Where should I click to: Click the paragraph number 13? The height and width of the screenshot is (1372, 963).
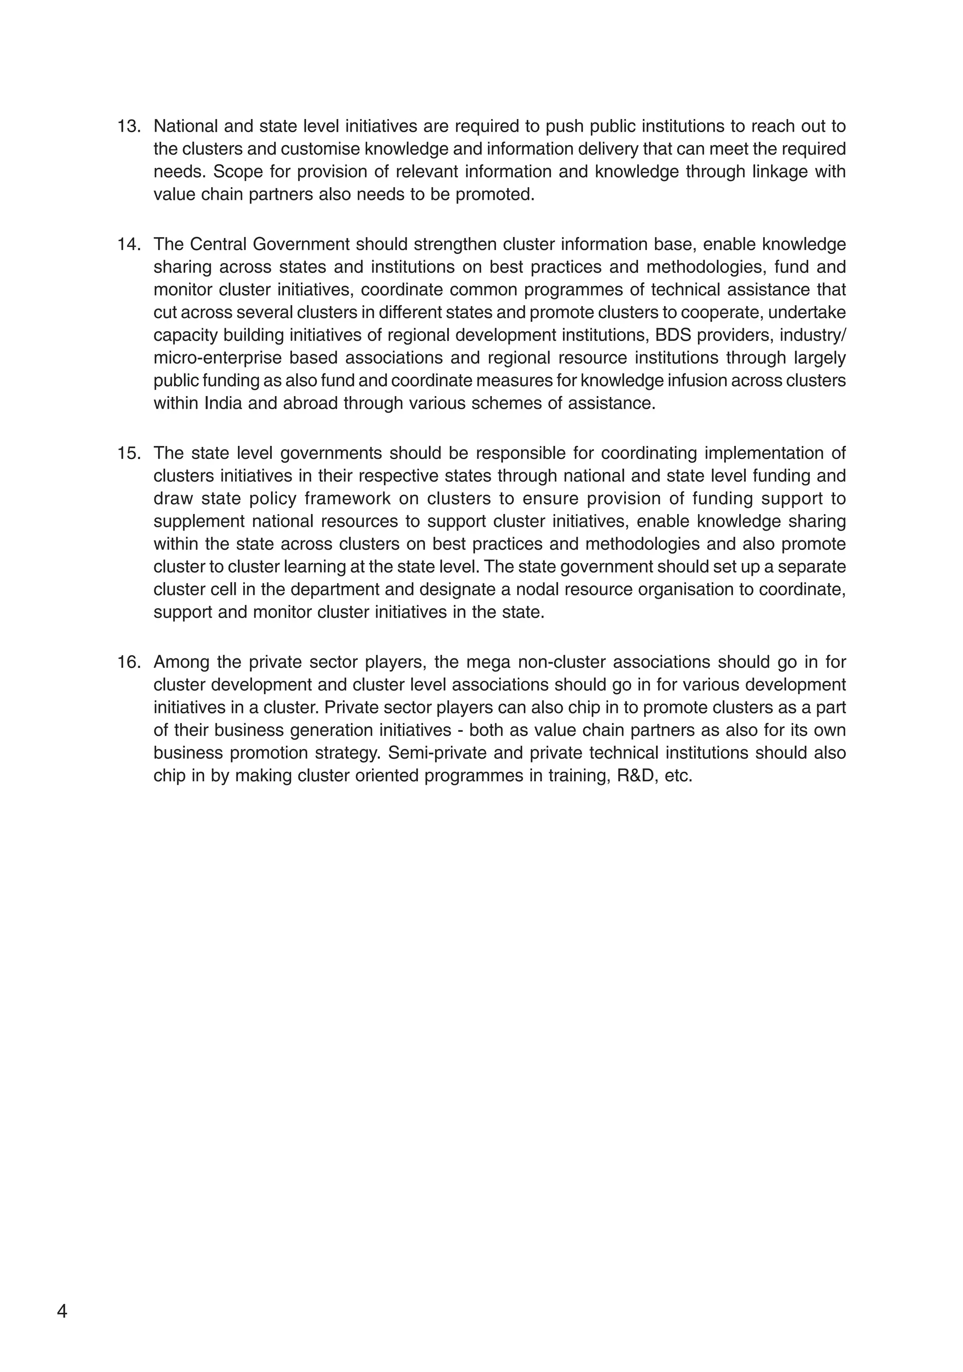[x=128, y=127]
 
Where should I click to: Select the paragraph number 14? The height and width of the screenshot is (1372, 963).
[x=128, y=245]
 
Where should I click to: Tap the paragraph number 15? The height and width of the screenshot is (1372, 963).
[x=128, y=453]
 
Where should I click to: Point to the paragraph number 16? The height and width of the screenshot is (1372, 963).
[x=128, y=662]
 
